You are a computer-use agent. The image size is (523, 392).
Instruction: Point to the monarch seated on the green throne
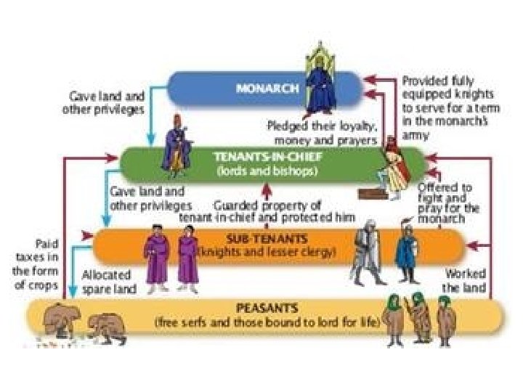click(x=317, y=83)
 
